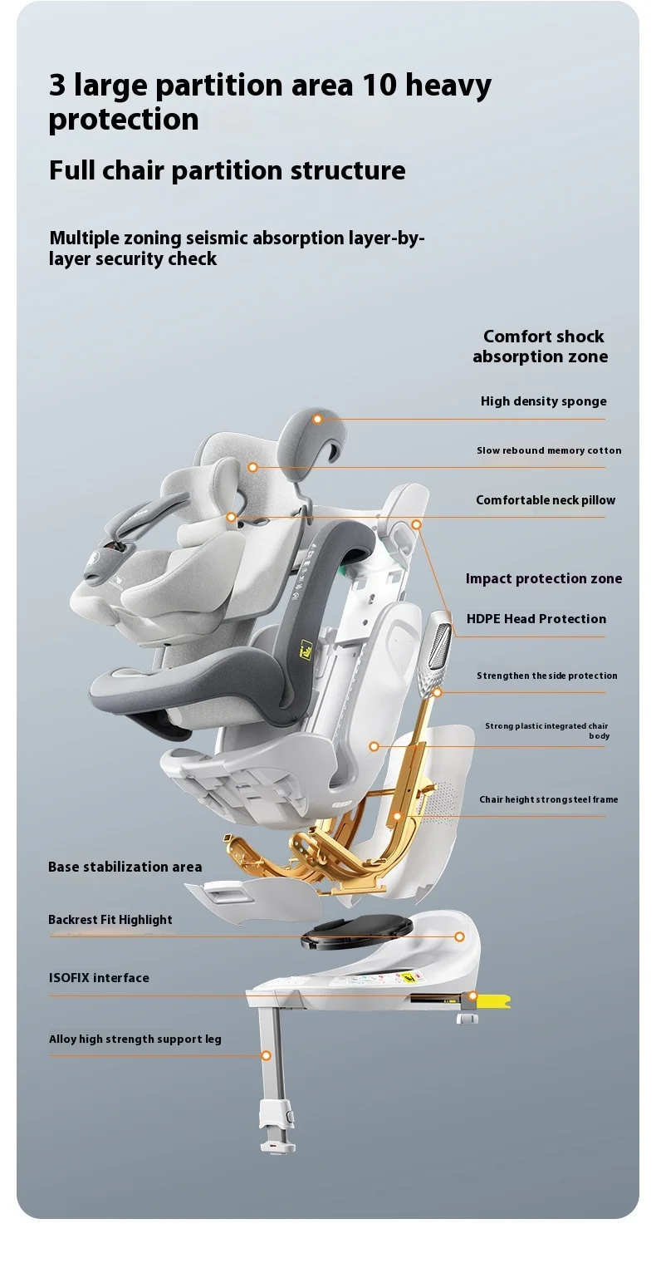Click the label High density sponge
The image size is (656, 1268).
click(543, 401)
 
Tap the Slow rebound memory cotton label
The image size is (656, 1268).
click(548, 450)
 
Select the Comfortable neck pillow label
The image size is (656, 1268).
click(546, 500)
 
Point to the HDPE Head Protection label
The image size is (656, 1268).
click(536, 619)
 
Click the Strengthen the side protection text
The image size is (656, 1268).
click(546, 676)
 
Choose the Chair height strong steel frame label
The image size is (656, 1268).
click(548, 799)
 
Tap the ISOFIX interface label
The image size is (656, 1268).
click(99, 978)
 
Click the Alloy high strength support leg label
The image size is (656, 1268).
click(135, 1039)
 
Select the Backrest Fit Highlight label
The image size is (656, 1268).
click(110, 920)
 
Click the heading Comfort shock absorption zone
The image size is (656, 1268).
click(541, 346)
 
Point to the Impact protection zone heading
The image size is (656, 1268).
click(543, 579)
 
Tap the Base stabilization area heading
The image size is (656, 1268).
click(125, 867)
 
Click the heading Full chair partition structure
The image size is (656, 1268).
click(227, 170)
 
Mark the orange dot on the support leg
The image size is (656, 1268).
click(267, 1056)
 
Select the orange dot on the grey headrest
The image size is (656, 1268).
click(317, 420)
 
